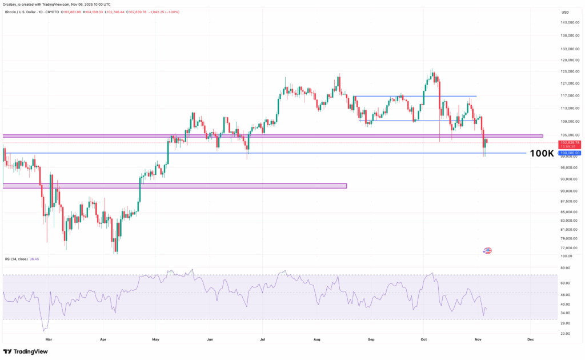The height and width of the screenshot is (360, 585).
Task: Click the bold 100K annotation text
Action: pos(542,153)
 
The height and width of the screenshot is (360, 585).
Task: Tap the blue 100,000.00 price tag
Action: pos(570,153)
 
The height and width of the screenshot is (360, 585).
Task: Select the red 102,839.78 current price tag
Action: pos(570,142)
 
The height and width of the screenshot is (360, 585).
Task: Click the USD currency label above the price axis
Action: pos(565,12)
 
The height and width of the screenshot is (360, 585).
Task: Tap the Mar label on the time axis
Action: pos(49,339)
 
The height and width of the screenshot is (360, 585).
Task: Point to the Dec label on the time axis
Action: pos(530,339)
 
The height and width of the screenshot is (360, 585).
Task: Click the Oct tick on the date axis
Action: pos(424,339)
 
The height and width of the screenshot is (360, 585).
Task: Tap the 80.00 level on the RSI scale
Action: pos(566,267)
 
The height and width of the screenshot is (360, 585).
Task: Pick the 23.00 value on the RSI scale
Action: pos(566,333)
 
